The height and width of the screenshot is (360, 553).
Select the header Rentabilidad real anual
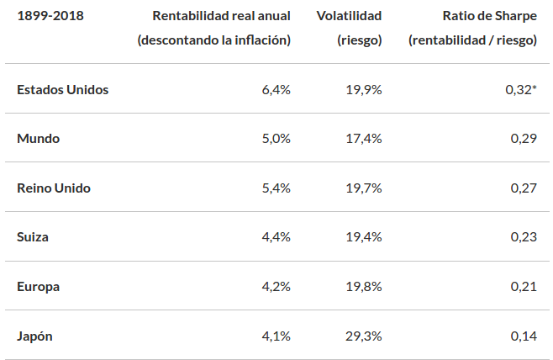pos(221,16)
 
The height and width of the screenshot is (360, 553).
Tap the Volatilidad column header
pos(350,16)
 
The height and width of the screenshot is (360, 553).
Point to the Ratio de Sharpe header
pos(489,16)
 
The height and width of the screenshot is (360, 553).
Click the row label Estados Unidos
pos(63,89)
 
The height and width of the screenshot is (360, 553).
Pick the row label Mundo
pos(39,138)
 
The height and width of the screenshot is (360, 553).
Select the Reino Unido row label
pos(54,188)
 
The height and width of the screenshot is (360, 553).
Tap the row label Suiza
pos(33,237)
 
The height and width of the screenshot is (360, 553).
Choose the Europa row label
pos(39,286)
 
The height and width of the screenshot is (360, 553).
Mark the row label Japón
pos(35,336)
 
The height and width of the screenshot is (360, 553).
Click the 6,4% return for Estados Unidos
pos(276,89)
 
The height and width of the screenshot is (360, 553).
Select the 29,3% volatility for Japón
pos(363,336)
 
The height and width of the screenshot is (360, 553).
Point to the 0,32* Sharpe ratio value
pos(521,89)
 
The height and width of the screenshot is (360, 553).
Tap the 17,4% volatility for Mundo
pos(363,138)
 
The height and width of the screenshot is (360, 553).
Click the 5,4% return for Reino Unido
pos(276,188)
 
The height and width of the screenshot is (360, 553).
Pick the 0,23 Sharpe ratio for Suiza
pos(524,237)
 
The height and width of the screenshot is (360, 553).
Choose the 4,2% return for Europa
pos(276,286)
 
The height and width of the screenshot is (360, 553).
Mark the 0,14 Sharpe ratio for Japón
pos(524,336)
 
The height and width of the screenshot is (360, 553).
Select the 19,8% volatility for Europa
pos(363,286)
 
